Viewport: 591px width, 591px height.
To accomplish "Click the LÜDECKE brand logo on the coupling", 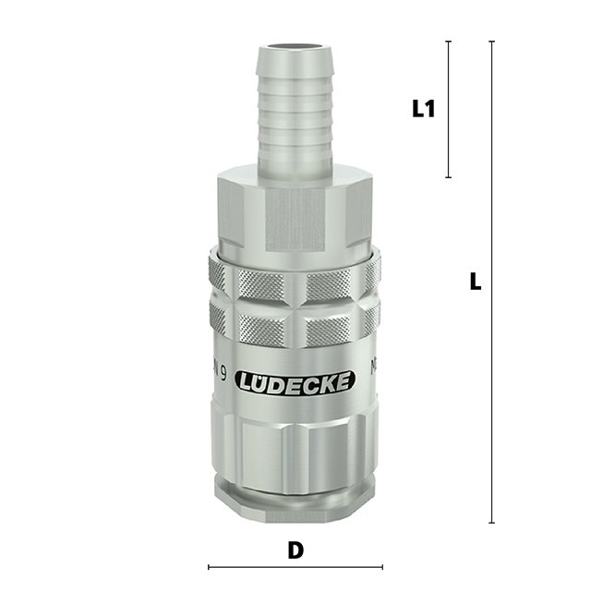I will point(295,381).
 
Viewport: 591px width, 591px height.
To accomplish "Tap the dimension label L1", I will point(423,109).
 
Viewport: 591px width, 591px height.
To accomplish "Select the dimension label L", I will point(476,282).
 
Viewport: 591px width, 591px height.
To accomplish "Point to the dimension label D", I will point(295,550).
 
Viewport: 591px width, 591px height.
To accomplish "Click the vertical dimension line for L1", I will point(449,109).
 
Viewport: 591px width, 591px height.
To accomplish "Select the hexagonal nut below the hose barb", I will point(295,212).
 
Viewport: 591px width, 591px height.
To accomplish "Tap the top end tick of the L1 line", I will point(449,42).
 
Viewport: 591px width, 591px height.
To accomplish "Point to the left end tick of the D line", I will point(209,567).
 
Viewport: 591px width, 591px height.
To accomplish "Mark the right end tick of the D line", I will point(381,567).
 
